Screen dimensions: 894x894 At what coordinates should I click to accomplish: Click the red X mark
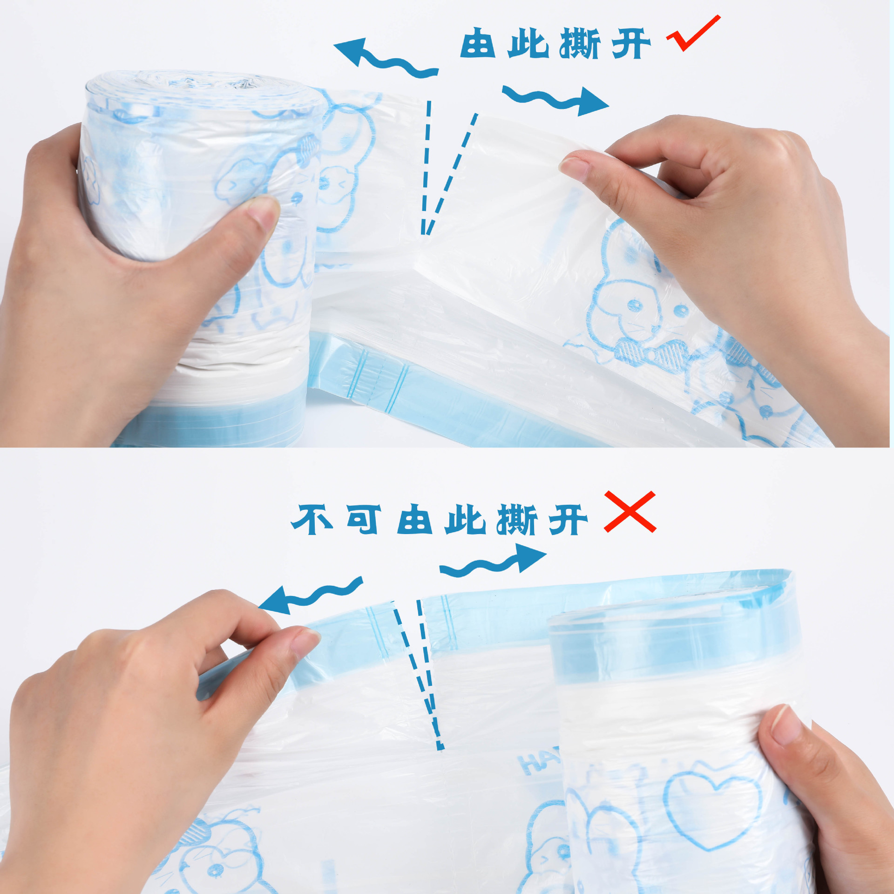(x=630, y=511)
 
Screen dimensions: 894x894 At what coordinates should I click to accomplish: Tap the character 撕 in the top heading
(x=580, y=43)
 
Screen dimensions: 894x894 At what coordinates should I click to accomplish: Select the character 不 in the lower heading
(x=312, y=520)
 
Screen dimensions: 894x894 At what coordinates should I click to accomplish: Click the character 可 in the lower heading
(x=364, y=520)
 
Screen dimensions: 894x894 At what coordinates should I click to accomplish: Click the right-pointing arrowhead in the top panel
(x=592, y=102)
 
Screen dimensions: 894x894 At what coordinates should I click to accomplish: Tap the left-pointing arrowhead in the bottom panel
(x=276, y=600)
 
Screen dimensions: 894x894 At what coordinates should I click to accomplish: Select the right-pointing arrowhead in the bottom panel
(x=530, y=557)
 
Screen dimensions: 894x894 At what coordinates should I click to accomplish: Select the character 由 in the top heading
(x=477, y=43)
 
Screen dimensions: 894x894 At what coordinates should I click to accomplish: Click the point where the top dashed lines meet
(x=425, y=234)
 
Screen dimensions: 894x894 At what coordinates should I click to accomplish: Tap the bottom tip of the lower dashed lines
(x=440, y=749)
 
